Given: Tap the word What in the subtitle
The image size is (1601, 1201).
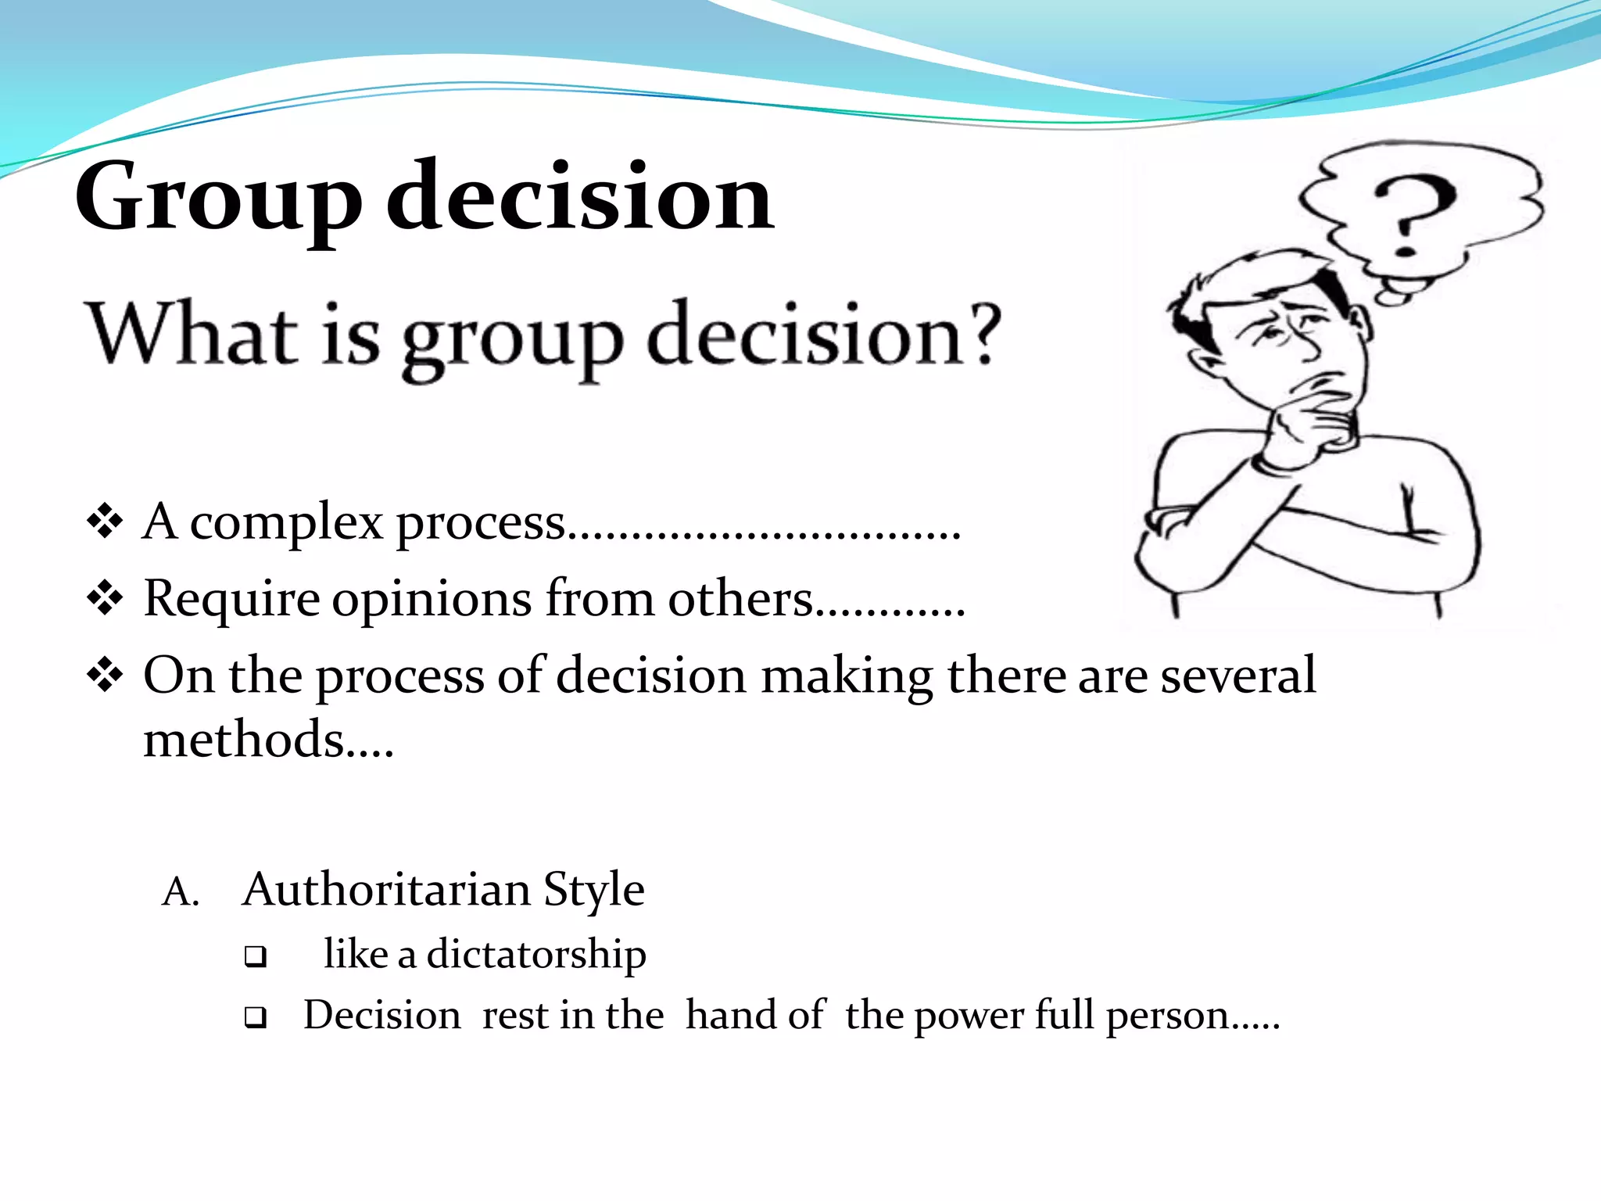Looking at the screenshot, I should (x=192, y=335).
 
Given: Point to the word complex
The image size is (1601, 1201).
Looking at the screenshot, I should (x=286, y=522).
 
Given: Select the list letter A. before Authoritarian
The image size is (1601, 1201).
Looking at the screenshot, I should (x=180, y=892).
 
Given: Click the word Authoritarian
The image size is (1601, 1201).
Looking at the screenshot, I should (x=386, y=891).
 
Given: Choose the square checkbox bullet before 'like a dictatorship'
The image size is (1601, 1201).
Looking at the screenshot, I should (x=255, y=956).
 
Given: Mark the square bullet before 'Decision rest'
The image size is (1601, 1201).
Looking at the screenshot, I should (x=255, y=1017).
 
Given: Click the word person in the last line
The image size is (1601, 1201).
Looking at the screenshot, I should (x=1168, y=1016).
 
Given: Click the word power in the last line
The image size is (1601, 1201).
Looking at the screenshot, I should (x=969, y=1016).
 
